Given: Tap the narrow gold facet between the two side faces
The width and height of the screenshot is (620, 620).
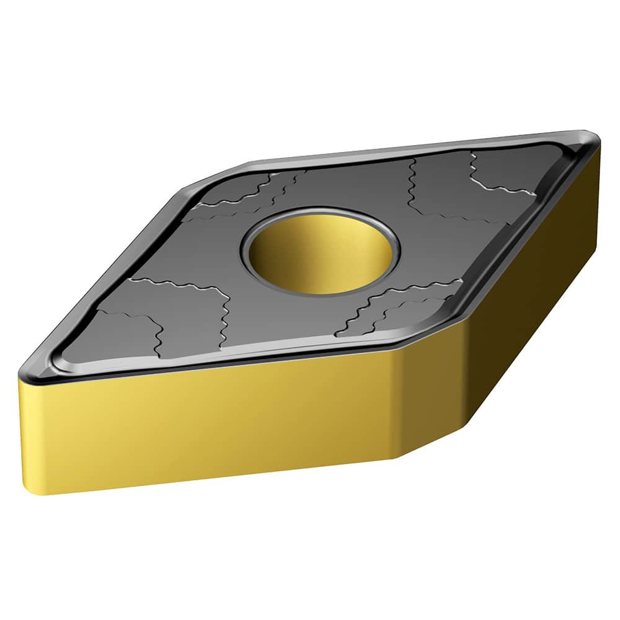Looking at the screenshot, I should point(428,397).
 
